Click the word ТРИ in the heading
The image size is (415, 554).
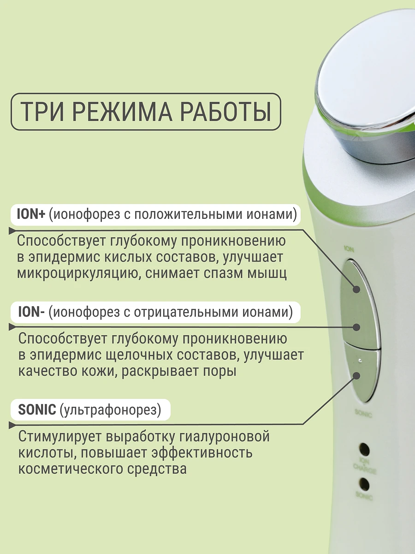[42, 112]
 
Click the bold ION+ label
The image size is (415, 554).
[31, 214]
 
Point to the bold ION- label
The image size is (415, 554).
[31, 312]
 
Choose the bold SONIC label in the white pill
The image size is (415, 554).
[37, 409]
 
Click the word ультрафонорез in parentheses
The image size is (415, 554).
[110, 410]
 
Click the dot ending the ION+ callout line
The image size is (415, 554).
[356, 289]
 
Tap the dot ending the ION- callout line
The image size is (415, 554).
[356, 327]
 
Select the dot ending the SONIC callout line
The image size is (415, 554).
[356, 376]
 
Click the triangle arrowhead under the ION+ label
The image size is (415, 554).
[12, 231]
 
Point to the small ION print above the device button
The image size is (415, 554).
[349, 249]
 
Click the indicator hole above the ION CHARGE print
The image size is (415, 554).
[364, 450]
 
